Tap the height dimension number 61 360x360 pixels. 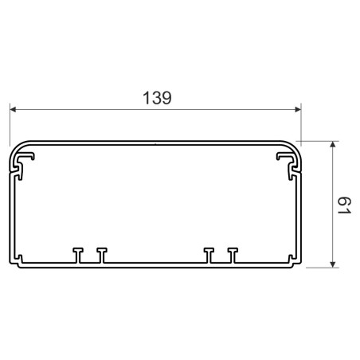point(343,205)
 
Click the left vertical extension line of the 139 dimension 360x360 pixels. point(10,123)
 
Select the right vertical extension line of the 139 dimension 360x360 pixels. point(301,123)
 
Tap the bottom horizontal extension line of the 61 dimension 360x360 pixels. point(319,268)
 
